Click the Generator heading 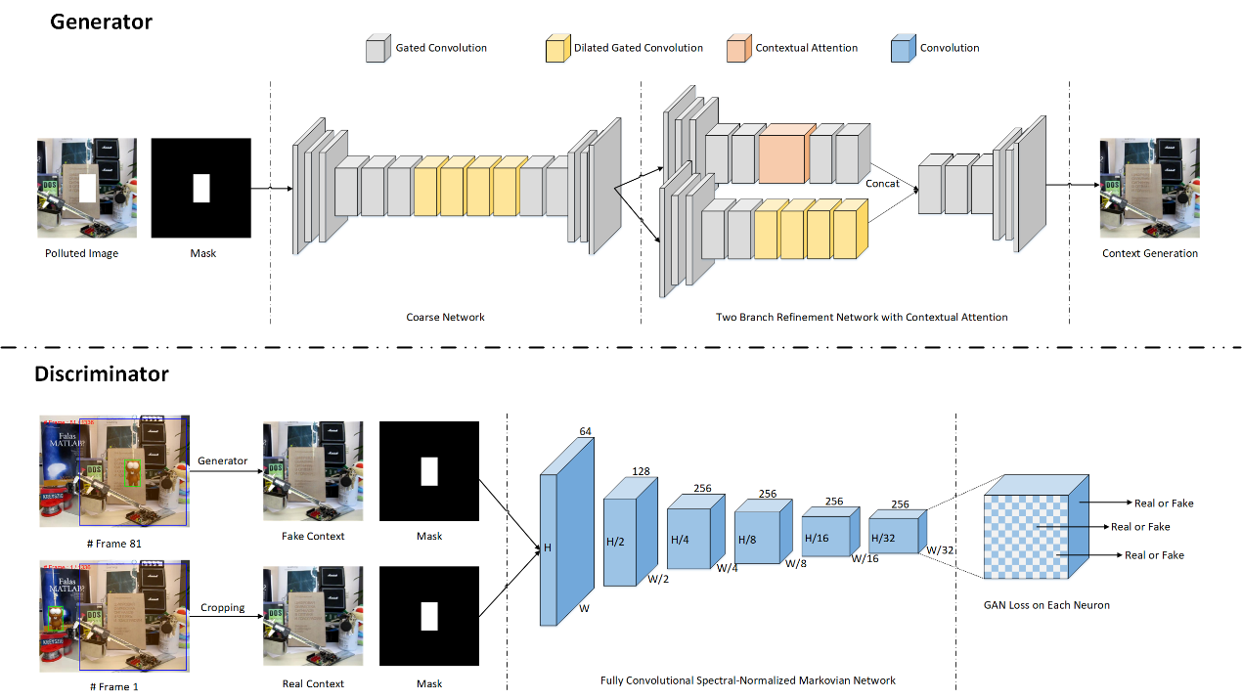point(102,21)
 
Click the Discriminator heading point(102,374)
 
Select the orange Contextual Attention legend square point(738,49)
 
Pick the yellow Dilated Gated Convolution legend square point(557,49)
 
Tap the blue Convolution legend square point(904,49)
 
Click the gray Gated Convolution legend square point(377,49)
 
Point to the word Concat point(882,183)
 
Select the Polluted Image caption point(81,254)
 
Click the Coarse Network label point(445,317)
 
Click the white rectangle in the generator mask point(201,188)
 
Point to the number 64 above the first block point(586,430)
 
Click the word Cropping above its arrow point(223,608)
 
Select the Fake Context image point(312,471)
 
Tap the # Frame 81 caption point(114,543)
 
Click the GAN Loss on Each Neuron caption point(1046,605)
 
